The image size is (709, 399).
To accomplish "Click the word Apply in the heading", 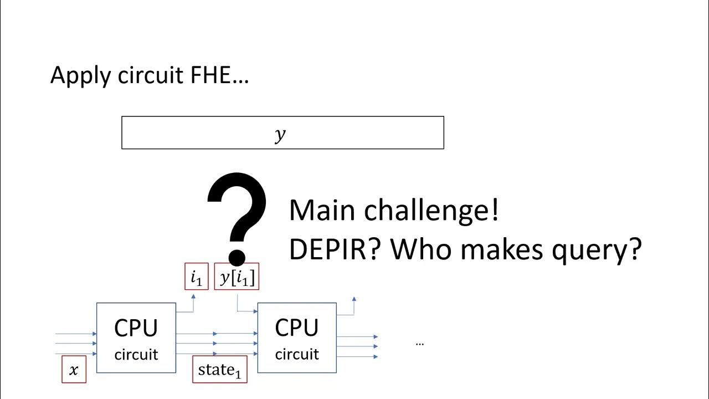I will (x=81, y=75).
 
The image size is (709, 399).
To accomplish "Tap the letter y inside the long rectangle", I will (x=280, y=134).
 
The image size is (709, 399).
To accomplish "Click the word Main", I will (x=322, y=211).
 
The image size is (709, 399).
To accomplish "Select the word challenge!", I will (x=431, y=211).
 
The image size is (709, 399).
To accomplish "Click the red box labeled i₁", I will (x=197, y=277).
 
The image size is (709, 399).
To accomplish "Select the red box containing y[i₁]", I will (x=237, y=277).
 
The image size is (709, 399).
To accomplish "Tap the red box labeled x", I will (x=74, y=370).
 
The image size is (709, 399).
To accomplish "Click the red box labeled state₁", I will (x=220, y=370).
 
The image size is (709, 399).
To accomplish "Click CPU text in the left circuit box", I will (x=136, y=329).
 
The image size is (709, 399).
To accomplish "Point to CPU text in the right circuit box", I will (x=296, y=329).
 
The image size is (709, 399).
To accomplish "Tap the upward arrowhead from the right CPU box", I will (x=353, y=300).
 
